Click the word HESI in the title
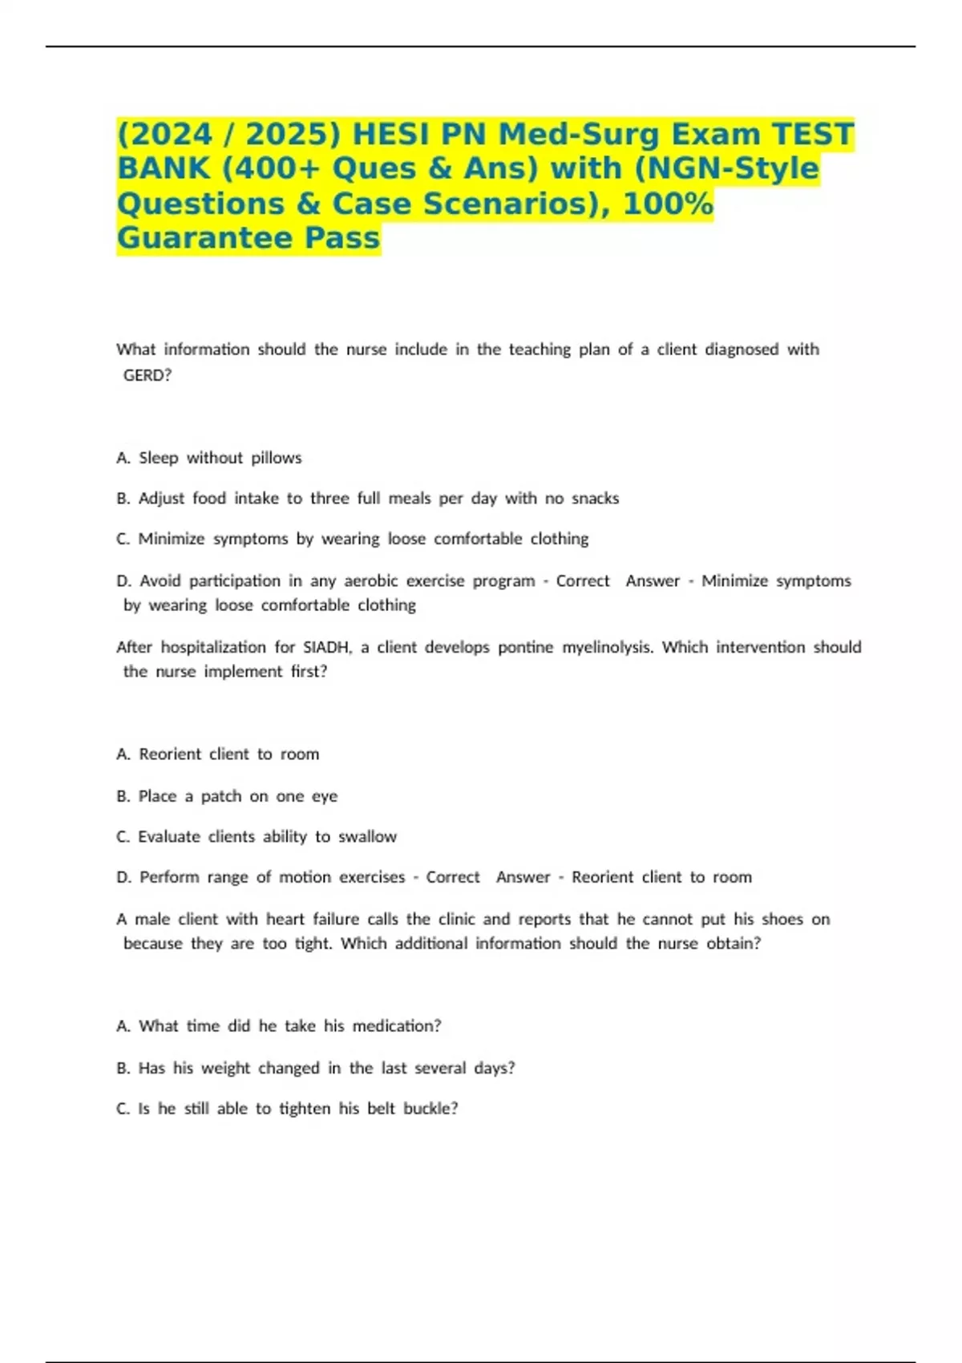(393, 135)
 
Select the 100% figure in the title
(668, 204)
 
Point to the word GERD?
(147, 375)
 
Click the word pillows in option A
(277, 458)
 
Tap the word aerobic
(371, 580)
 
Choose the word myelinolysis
(607, 647)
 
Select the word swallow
(367, 837)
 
